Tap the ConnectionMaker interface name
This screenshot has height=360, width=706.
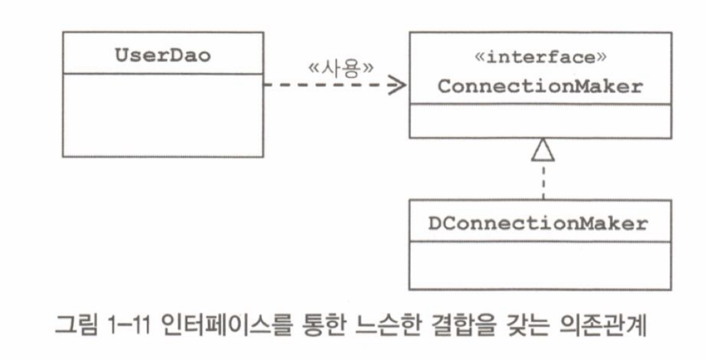point(541,87)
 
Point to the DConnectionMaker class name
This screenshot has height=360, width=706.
point(541,223)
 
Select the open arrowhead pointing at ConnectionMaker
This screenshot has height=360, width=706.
point(396,86)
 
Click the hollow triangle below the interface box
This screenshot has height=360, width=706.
point(543,150)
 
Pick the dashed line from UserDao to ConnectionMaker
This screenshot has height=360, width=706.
point(324,86)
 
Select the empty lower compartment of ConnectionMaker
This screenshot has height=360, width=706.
point(541,121)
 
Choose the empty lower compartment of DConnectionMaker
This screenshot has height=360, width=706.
point(541,265)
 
